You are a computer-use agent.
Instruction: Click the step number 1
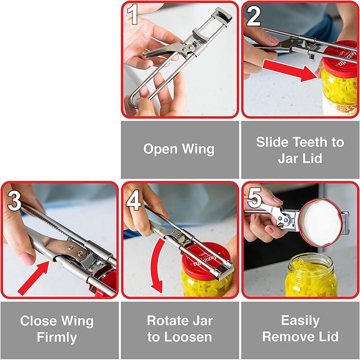click(x=133, y=15)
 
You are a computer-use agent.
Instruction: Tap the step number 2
click(x=254, y=17)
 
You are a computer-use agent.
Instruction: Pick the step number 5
click(x=254, y=198)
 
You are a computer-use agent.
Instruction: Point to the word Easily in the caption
click(x=300, y=321)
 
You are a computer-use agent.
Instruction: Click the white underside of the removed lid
click(x=320, y=221)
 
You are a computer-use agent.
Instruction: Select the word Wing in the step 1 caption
click(x=199, y=149)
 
